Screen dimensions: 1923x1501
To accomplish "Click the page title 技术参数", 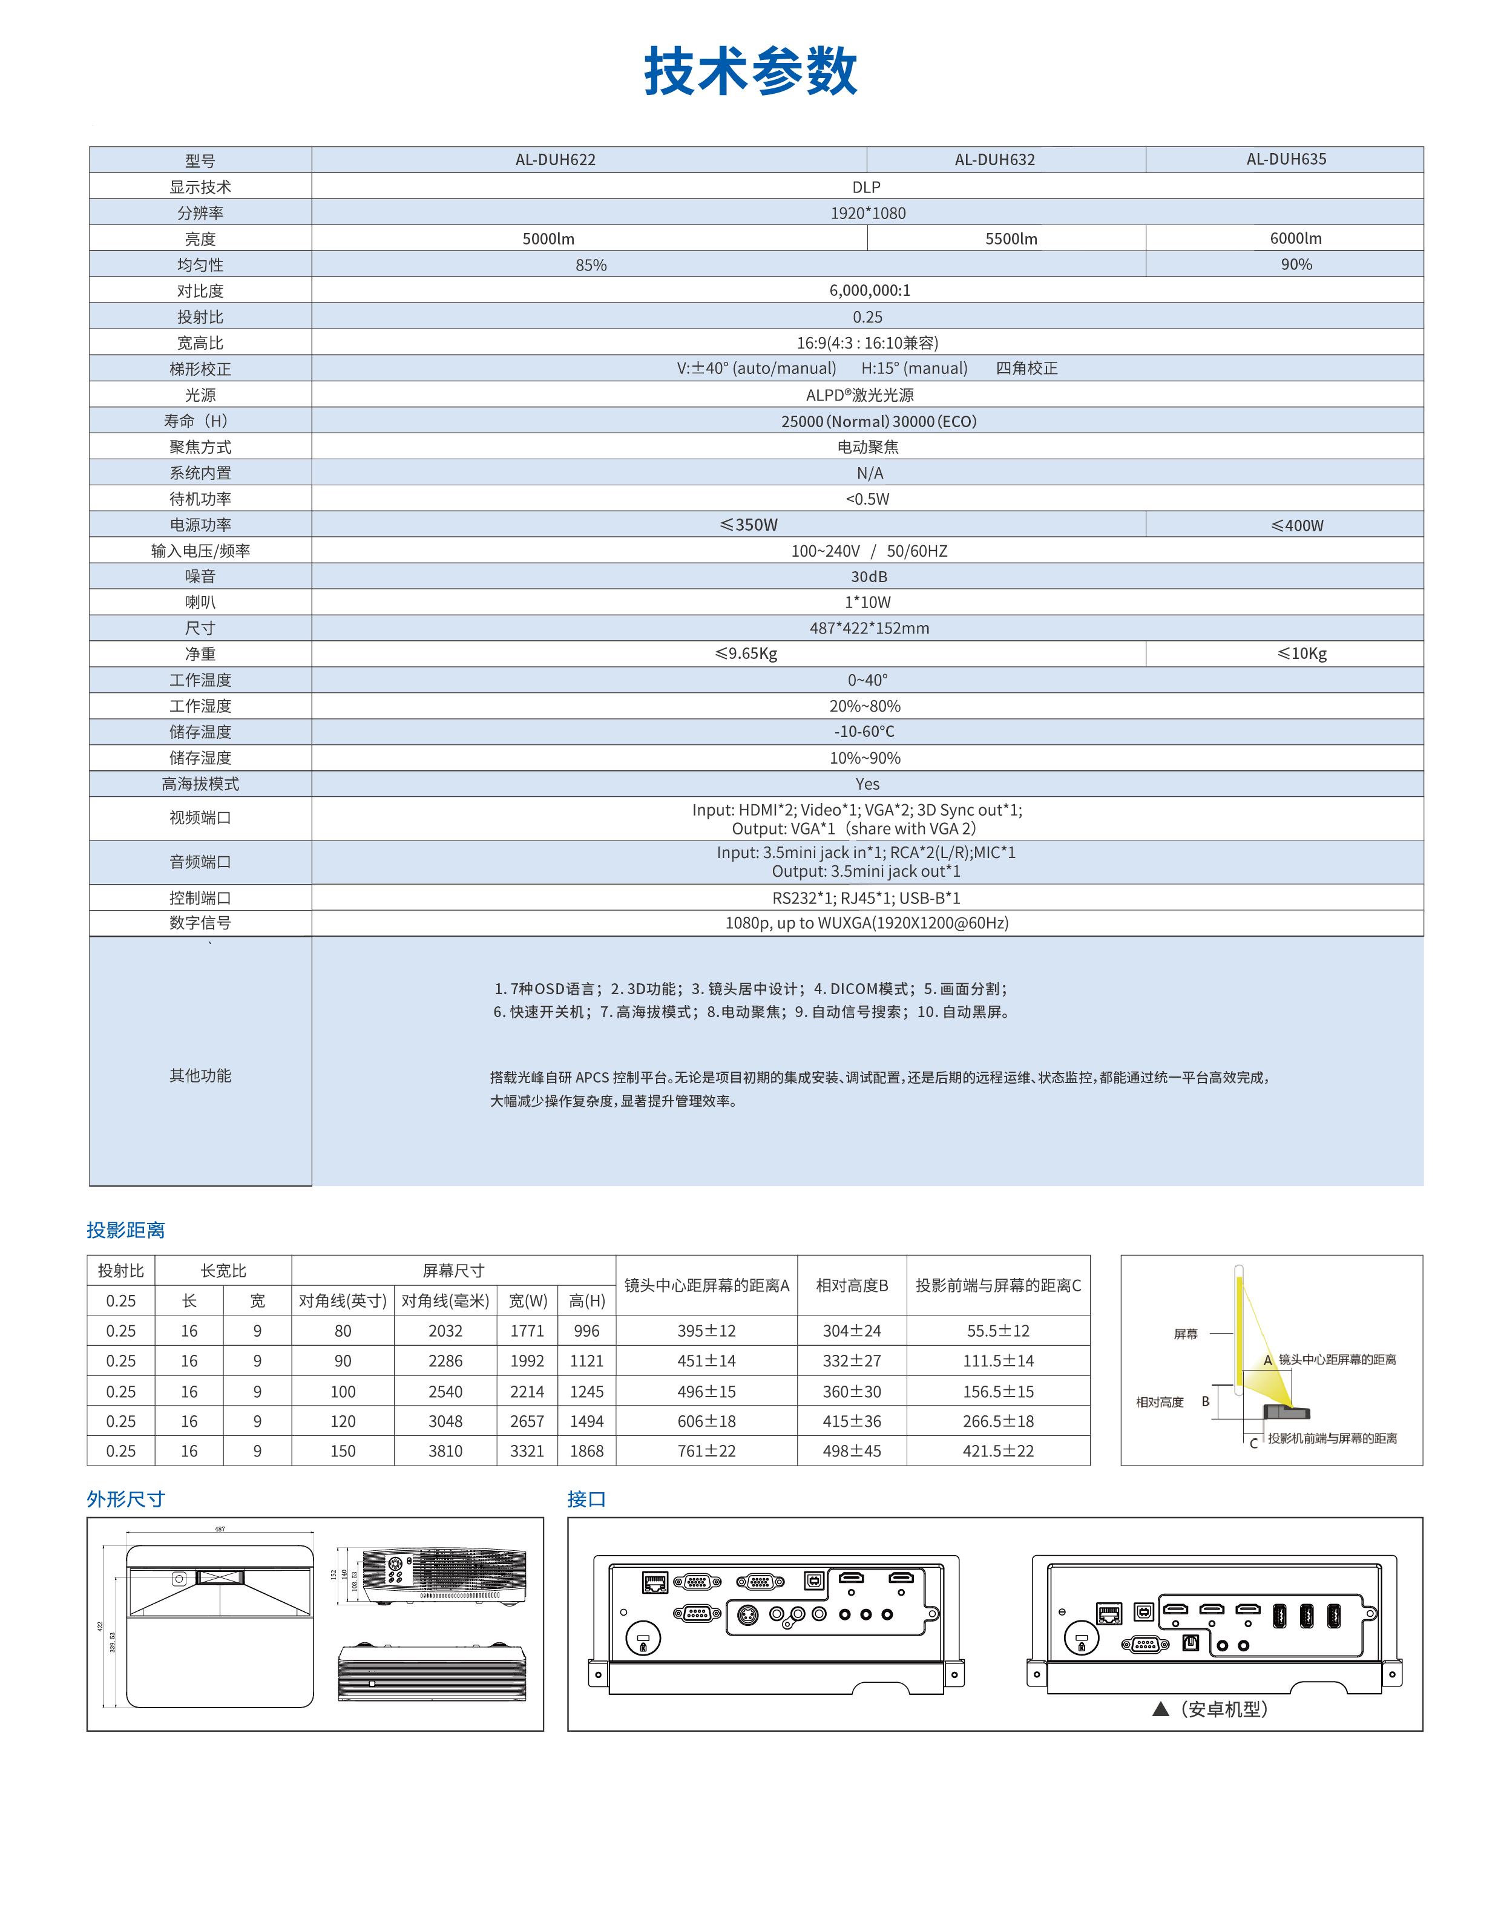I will click(x=750, y=71).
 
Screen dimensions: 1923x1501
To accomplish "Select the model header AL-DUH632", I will click(x=994, y=159).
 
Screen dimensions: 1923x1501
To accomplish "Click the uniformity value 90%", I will click(x=1296, y=264).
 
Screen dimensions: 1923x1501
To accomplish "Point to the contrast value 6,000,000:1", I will click(x=869, y=290).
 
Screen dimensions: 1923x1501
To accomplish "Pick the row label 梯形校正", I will click(x=200, y=369).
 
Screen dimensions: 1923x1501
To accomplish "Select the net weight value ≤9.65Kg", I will click(x=746, y=654).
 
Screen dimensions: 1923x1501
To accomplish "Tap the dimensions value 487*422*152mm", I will click(x=869, y=628).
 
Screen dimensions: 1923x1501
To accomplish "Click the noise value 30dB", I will click(x=869, y=577).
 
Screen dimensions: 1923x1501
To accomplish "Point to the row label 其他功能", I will click(x=200, y=1075).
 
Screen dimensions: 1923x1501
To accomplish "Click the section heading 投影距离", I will click(x=126, y=1230).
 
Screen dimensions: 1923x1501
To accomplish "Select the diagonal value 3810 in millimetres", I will click(x=445, y=1451).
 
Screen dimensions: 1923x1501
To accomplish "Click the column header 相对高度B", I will click(x=852, y=1285).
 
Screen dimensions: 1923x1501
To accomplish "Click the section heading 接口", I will click(x=586, y=1499).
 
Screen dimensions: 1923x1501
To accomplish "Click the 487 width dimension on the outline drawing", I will click(x=220, y=1530).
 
